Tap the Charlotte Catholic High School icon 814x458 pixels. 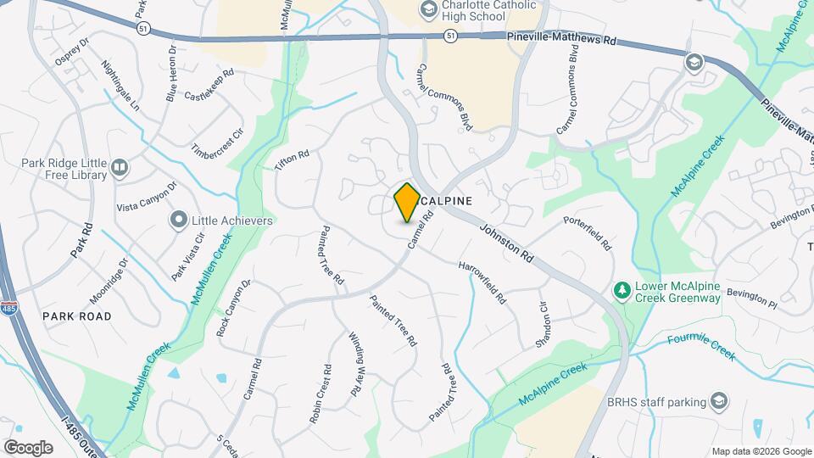(x=428, y=9)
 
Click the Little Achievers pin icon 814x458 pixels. (x=178, y=221)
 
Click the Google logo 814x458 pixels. (x=28, y=447)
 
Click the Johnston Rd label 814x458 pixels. (x=506, y=243)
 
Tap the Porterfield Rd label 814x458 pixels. (x=588, y=233)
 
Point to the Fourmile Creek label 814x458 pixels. (x=700, y=345)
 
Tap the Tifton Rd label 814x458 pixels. (x=292, y=159)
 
